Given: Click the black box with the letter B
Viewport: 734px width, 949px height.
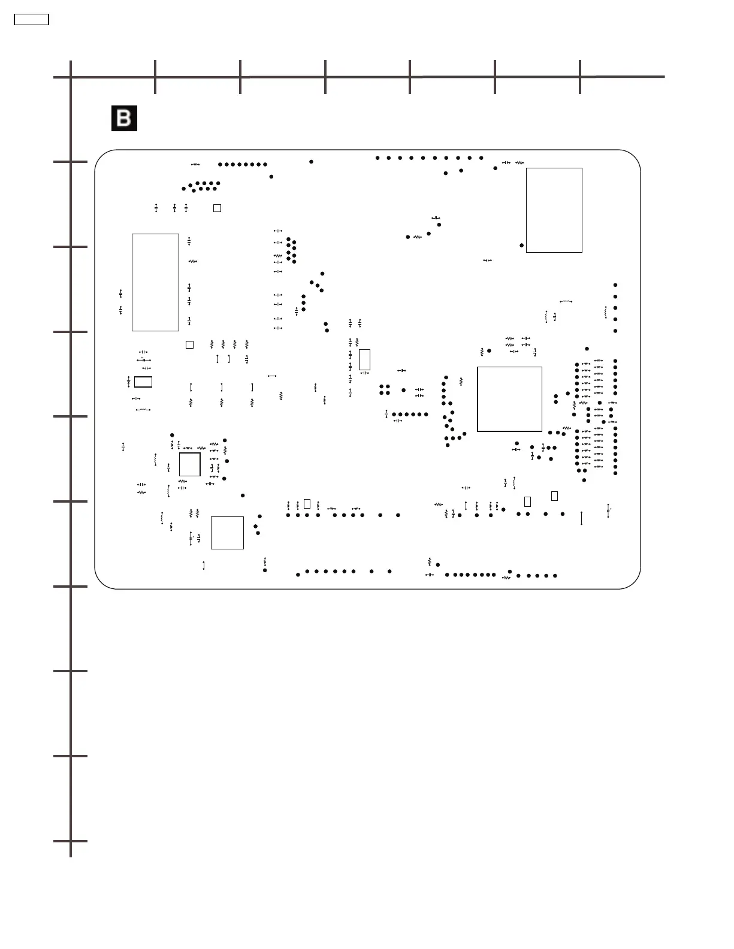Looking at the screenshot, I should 124,118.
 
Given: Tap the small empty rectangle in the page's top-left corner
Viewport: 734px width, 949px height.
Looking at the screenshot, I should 31,19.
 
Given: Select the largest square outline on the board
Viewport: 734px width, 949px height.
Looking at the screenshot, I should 509,399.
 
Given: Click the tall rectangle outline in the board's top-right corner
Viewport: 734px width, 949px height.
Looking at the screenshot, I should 554,210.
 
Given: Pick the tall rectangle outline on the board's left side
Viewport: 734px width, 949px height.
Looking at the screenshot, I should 155,282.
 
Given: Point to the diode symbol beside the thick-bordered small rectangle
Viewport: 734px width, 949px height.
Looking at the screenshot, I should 129,382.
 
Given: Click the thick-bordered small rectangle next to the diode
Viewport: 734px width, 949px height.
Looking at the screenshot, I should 143,382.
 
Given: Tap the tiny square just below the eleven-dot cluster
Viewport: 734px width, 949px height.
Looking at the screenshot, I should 218,208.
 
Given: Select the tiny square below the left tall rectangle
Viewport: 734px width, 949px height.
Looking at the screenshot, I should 189,344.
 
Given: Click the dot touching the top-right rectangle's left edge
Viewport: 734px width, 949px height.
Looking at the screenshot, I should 522,245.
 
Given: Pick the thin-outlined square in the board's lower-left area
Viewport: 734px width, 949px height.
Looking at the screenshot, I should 228,533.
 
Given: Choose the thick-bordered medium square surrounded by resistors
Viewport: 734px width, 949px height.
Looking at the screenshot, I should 189,464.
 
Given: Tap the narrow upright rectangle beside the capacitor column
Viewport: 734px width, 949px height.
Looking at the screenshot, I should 364,360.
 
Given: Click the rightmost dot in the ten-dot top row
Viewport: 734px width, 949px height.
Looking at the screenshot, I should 481,158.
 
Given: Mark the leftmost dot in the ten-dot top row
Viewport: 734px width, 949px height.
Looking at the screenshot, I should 377,158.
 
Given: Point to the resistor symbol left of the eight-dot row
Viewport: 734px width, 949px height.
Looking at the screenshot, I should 195,164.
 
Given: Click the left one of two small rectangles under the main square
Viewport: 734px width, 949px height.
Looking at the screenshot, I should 527,501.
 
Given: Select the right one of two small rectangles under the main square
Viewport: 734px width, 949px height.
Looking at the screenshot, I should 554,495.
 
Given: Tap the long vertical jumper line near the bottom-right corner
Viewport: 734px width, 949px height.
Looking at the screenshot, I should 582,518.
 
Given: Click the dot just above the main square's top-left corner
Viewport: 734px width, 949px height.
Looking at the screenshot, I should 490,350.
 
